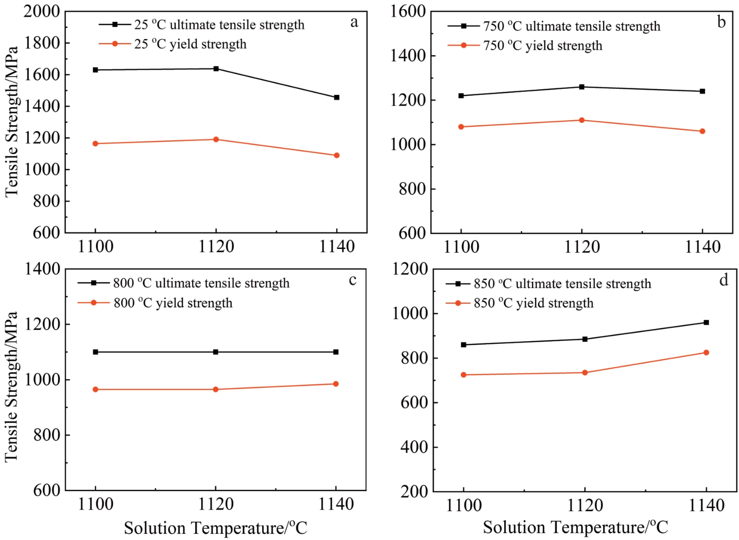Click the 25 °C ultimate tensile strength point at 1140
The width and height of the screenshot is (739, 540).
[337, 97]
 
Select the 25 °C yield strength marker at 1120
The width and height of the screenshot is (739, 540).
[216, 139]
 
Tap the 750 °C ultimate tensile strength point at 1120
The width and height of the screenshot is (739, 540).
[582, 87]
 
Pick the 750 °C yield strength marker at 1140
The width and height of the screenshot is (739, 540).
[702, 131]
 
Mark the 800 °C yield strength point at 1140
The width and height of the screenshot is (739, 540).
[336, 384]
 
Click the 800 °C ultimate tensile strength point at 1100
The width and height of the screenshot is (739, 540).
[95, 352]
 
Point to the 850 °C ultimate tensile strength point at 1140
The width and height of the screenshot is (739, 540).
[706, 322]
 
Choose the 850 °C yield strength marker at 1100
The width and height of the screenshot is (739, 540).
[464, 375]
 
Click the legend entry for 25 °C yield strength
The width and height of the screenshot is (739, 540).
[190, 44]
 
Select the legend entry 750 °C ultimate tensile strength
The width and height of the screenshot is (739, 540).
[571, 26]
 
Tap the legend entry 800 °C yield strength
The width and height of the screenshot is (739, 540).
[172, 303]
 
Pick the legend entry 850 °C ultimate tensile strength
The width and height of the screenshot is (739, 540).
[562, 283]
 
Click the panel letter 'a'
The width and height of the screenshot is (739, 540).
[354, 22]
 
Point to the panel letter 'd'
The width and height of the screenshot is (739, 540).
[724, 280]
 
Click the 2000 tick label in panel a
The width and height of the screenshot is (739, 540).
[42, 11]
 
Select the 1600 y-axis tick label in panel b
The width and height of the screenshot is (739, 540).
[408, 11]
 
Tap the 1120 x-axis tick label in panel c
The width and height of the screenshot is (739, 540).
[216, 504]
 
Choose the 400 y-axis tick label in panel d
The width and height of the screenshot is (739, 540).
[414, 447]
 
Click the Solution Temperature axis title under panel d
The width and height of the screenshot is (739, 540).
[575, 527]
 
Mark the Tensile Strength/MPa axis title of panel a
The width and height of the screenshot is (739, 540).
[12, 122]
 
